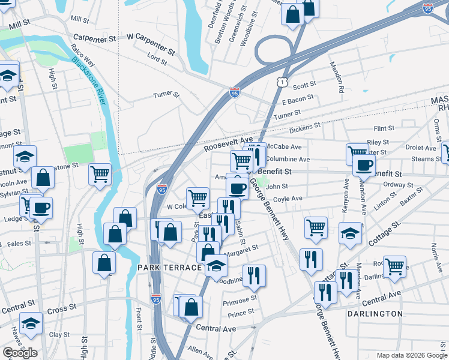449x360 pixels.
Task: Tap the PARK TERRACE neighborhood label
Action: [169, 267]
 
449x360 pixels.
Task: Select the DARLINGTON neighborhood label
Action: [375, 314]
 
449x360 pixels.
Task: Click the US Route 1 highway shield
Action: [282, 81]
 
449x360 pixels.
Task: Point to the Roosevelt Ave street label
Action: [228, 143]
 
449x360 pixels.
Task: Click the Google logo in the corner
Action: [20, 353]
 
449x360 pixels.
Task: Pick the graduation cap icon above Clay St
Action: [31, 323]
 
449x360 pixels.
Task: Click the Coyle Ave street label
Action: [288, 199]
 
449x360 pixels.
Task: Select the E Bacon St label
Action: [298, 98]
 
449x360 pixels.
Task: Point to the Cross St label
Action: [61, 308]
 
